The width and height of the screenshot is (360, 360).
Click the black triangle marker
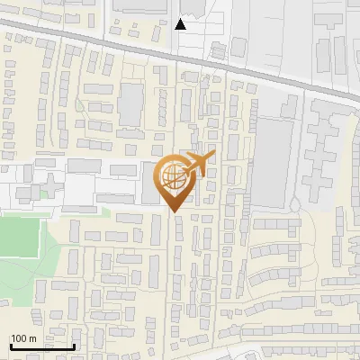[181, 24]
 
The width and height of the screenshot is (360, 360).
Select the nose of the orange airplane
[213, 155]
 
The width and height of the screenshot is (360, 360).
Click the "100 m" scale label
[23, 338]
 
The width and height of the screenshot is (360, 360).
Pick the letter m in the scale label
[31, 338]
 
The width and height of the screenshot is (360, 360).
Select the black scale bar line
[42, 346]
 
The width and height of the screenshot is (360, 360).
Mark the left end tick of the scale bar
[10, 345]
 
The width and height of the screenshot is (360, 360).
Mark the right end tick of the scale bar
[75, 345]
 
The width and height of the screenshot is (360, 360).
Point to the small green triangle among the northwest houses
[81, 106]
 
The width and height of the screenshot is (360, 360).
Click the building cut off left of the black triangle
[140, 8]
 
